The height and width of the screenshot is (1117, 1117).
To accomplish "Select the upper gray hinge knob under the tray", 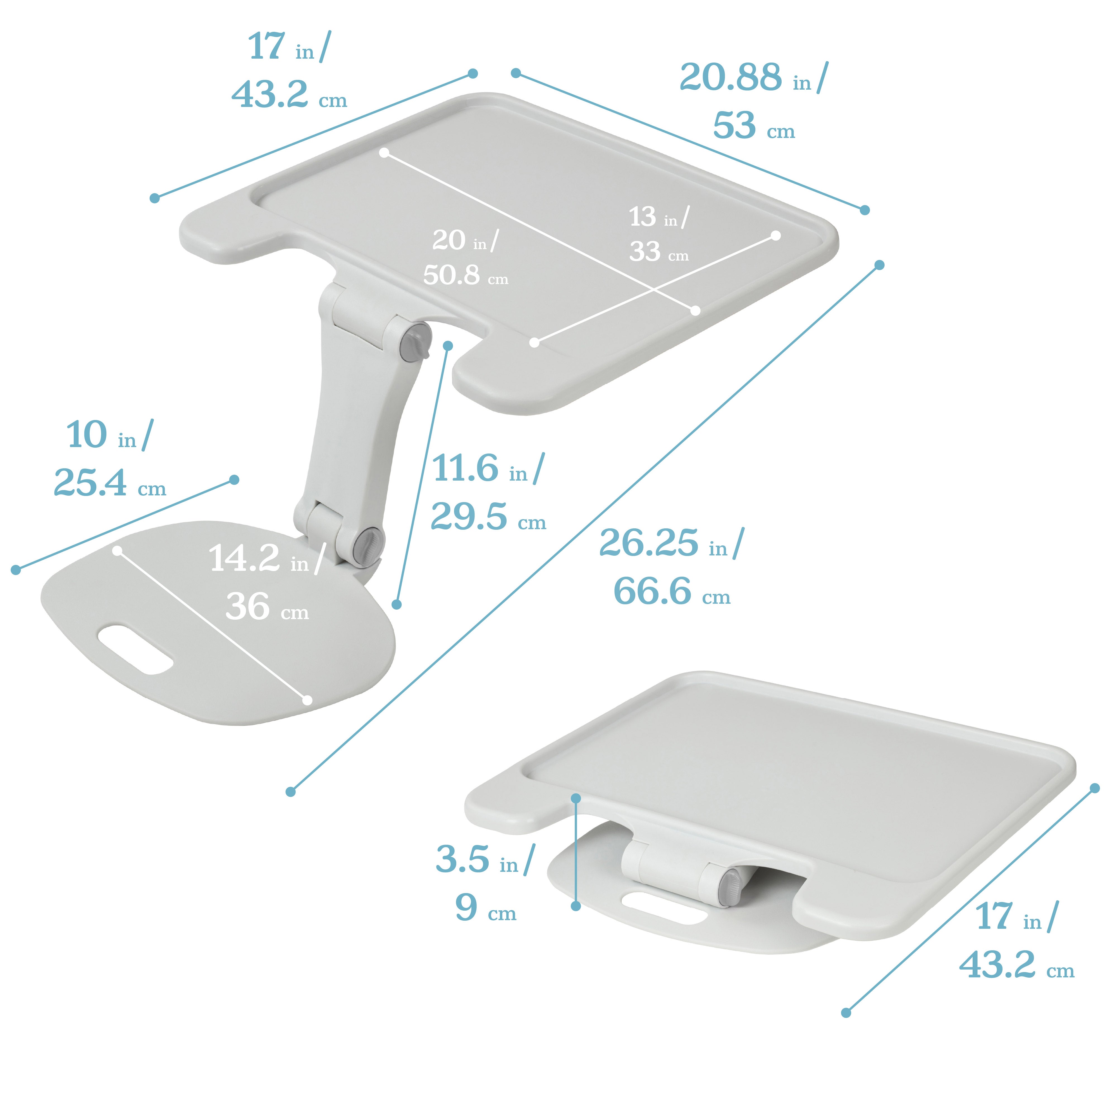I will click(415, 342).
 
